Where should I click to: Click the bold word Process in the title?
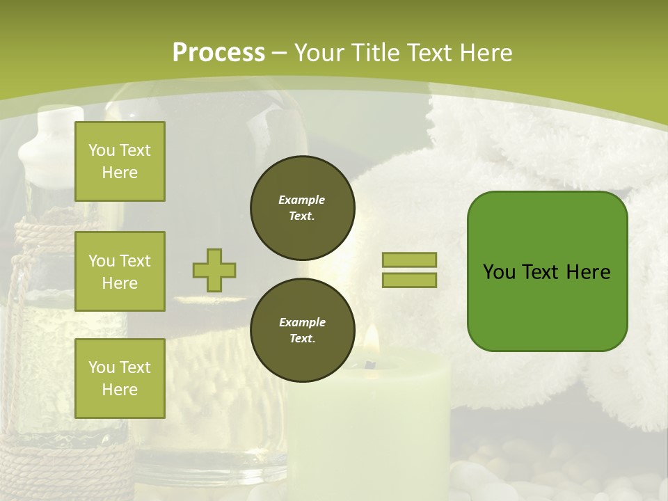click(x=218, y=53)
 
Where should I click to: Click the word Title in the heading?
click(x=374, y=53)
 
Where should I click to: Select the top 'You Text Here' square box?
click(x=120, y=161)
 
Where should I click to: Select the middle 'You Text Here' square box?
click(x=120, y=271)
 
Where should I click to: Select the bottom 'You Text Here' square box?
click(x=120, y=379)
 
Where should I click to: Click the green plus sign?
click(x=214, y=270)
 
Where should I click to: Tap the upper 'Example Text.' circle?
click(x=302, y=208)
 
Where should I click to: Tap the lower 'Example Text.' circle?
click(x=302, y=331)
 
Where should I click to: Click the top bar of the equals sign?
click(x=409, y=260)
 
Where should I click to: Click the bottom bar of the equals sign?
click(x=409, y=280)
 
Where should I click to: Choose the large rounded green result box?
click(x=547, y=271)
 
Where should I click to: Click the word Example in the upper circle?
click(x=302, y=200)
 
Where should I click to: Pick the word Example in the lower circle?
click(x=302, y=323)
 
